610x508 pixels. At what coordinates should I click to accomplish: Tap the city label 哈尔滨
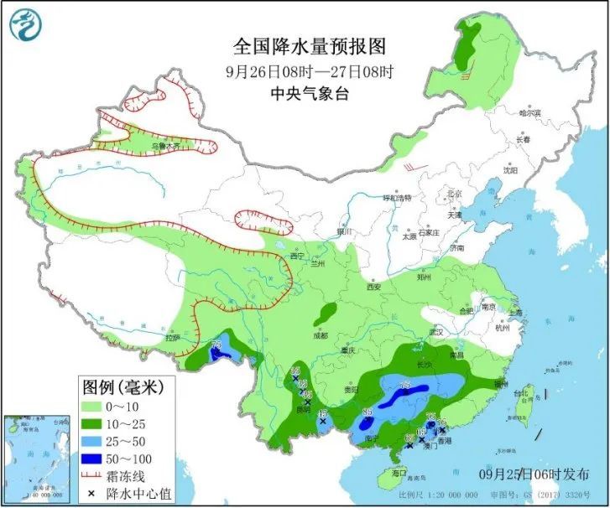pyautogui.click(x=529, y=112)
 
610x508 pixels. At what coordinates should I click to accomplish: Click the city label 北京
pyautogui.click(x=454, y=194)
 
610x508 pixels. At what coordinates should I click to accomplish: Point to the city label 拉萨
pyautogui.click(x=172, y=338)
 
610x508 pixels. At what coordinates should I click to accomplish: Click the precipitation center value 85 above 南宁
pyautogui.click(x=368, y=412)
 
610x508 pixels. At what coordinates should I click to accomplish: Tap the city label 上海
pyautogui.click(x=514, y=309)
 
